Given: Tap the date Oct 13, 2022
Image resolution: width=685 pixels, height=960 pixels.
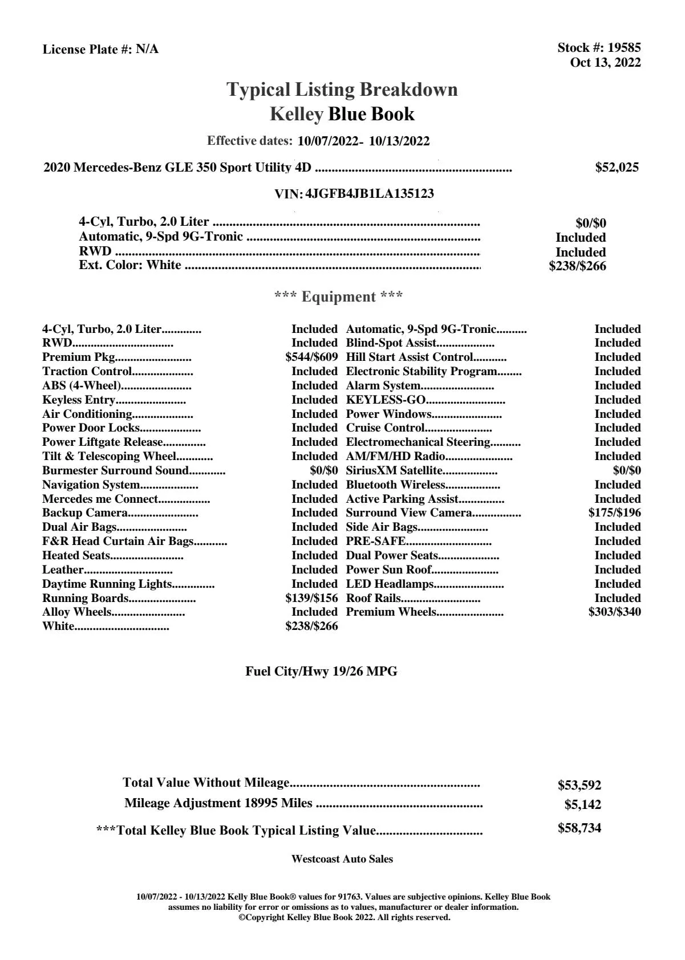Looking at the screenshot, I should (x=605, y=63).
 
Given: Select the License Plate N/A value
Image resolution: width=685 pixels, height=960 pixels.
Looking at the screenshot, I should (x=147, y=50).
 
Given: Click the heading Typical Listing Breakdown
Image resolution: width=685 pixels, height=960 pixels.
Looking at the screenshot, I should (x=342, y=90).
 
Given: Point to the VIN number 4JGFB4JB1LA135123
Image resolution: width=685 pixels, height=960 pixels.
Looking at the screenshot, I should (x=370, y=194).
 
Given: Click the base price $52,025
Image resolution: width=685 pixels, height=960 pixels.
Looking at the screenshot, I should (x=617, y=168).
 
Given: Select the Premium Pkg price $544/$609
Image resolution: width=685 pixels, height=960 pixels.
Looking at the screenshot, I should (x=311, y=357).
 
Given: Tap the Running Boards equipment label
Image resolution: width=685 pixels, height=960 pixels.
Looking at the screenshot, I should (x=85, y=599).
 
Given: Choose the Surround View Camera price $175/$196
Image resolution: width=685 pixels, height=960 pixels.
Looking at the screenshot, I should (x=614, y=513).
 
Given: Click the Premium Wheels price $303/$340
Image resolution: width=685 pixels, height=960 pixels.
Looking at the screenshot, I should (x=614, y=612).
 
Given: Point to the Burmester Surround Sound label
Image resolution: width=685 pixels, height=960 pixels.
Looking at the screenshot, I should (x=115, y=471).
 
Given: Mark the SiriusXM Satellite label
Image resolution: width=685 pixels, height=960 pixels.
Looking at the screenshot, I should (x=394, y=471).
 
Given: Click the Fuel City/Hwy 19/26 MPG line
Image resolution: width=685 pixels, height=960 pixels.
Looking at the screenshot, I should (x=321, y=672).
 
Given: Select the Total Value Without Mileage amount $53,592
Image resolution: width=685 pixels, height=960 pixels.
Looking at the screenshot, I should (x=579, y=786).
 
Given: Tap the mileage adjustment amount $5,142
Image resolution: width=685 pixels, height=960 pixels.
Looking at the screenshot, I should (x=582, y=805).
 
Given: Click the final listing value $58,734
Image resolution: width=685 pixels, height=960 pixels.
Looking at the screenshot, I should (x=579, y=828).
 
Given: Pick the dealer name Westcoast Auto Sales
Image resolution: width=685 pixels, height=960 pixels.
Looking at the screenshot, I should (x=342, y=859).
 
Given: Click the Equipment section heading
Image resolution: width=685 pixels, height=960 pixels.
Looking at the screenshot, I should (x=338, y=297).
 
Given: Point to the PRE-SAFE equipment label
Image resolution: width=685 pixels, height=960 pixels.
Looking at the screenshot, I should (x=376, y=542).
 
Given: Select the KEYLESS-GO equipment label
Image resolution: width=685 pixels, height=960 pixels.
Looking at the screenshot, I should (x=386, y=400).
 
